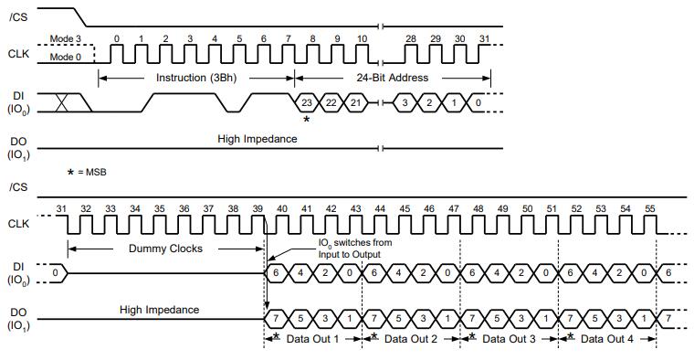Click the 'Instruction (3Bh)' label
(196, 78)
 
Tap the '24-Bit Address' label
(392, 78)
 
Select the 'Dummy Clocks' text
(165, 249)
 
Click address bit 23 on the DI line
(306, 102)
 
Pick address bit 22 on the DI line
(331, 102)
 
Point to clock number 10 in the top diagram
(362, 39)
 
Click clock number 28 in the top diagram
(411, 39)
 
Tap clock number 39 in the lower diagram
(258, 208)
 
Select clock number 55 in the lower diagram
(650, 208)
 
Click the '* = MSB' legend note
(87, 173)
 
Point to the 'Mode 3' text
(66, 39)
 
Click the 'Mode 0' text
(66, 58)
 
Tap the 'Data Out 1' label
(312, 339)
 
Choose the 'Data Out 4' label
(607, 339)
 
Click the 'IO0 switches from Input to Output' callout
(355, 249)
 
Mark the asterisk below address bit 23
(306, 119)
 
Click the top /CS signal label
(18, 17)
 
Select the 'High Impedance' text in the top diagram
(258, 139)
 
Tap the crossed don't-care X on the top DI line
(62, 102)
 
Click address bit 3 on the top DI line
(405, 102)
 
